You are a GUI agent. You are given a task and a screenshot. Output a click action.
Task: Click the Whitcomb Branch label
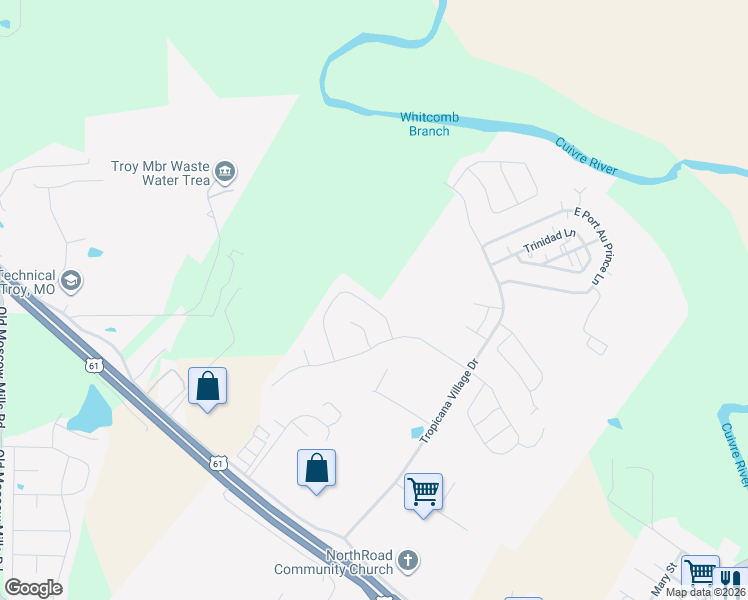tap(429, 124)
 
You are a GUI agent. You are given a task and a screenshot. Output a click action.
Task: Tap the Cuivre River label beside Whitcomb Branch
tap(587, 157)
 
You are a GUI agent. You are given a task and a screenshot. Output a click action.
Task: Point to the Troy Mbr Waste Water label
tap(160, 173)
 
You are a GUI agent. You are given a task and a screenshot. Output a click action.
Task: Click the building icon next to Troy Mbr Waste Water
tap(225, 173)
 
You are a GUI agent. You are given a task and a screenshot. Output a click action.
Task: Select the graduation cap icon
tap(70, 281)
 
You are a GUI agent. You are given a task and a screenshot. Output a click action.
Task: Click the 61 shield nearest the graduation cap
tap(93, 365)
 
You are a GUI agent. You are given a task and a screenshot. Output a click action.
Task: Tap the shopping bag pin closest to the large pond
tap(207, 386)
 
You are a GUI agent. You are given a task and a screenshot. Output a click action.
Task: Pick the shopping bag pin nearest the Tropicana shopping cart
tap(316, 468)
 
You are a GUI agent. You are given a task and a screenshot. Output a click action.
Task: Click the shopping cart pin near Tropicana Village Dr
tap(423, 492)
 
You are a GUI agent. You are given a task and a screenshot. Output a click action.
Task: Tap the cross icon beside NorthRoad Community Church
tap(407, 561)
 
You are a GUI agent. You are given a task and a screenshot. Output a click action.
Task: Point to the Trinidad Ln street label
tap(551, 241)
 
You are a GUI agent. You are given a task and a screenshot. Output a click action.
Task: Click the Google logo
tap(33, 588)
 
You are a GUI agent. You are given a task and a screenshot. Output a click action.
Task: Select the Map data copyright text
tap(703, 592)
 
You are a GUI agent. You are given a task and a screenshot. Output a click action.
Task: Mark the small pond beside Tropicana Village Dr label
tap(416, 432)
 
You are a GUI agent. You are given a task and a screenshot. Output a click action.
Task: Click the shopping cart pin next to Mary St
tap(700, 573)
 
